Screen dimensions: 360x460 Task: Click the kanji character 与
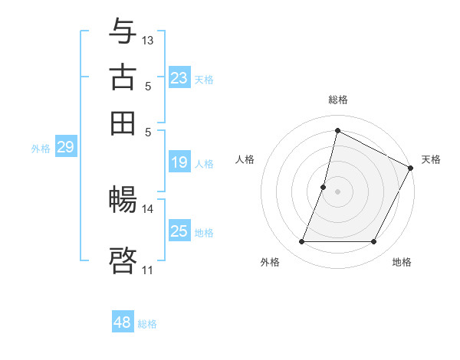point(123,32)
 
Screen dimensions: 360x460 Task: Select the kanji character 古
point(123,77)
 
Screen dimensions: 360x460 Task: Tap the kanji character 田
point(123,123)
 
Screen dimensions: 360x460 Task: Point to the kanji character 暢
point(123,201)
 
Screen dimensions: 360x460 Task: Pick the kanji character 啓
point(123,260)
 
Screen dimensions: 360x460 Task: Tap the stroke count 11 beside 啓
point(148,270)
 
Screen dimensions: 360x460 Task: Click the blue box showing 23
point(179,78)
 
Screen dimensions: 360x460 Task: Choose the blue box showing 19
point(179,162)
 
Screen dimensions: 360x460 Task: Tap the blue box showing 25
point(179,231)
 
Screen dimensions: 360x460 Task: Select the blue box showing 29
point(65,148)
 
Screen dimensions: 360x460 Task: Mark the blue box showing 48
point(123,322)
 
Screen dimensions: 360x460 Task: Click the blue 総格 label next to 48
point(148,324)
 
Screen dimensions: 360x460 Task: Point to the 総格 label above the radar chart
point(337,100)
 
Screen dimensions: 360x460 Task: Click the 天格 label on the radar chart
point(431,159)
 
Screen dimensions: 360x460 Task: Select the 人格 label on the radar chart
point(245,159)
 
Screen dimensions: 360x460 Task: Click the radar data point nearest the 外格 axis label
point(301,242)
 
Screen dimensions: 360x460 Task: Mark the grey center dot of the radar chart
point(337,191)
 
